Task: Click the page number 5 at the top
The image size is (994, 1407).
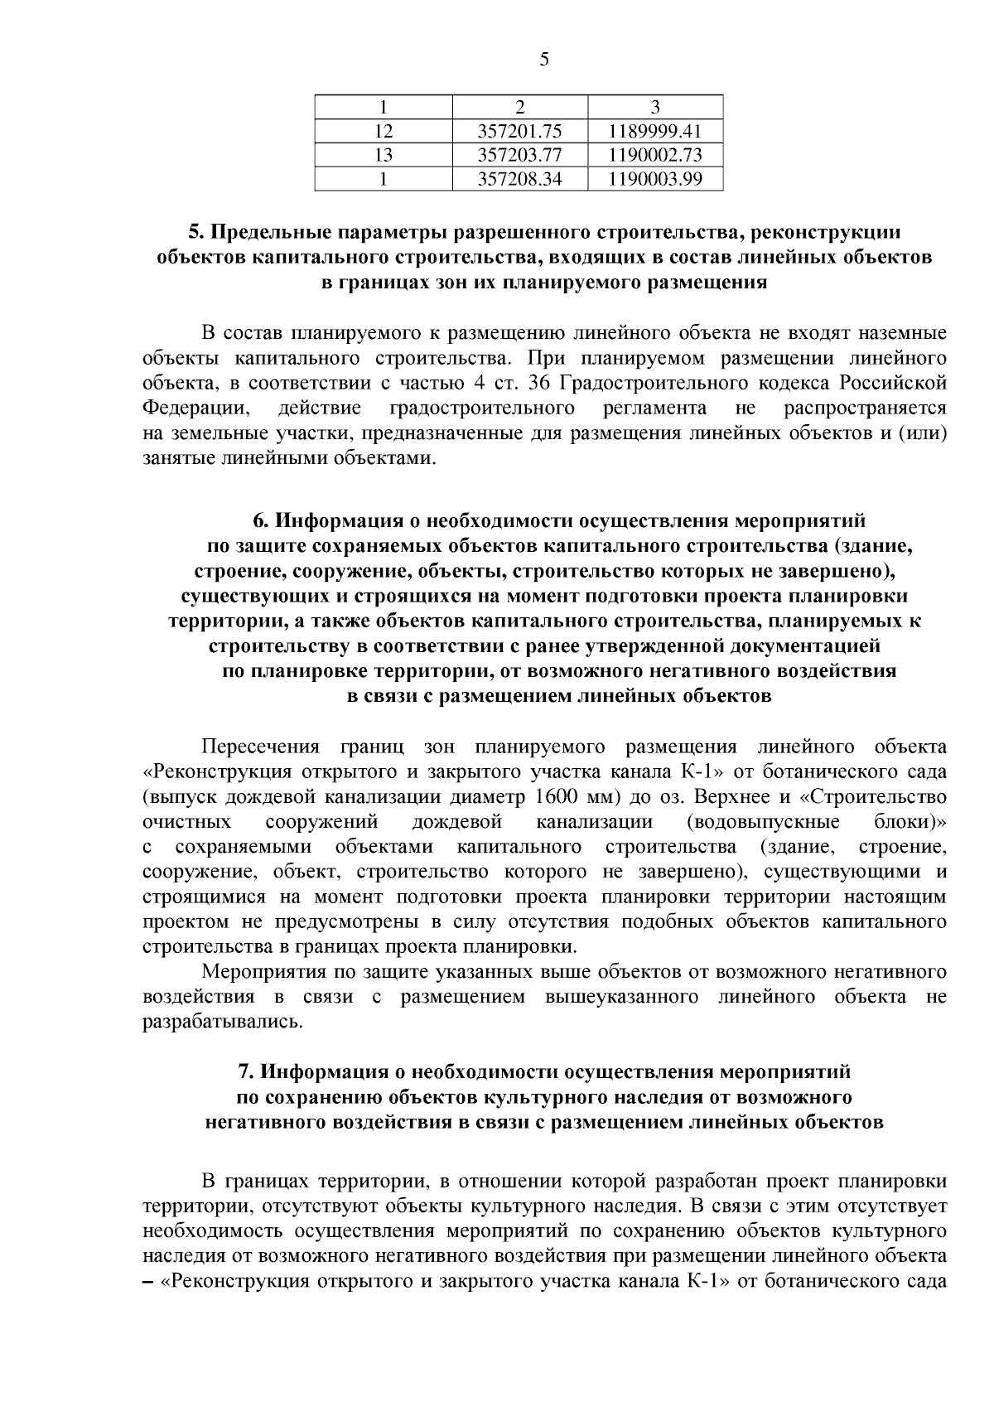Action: click(x=544, y=59)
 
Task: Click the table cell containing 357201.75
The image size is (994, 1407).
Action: click(x=520, y=131)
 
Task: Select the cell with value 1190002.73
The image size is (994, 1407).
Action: click(x=654, y=155)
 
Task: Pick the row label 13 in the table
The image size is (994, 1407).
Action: click(x=383, y=155)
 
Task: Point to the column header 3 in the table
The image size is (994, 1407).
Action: click(x=654, y=107)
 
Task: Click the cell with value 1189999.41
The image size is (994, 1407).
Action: click(x=654, y=131)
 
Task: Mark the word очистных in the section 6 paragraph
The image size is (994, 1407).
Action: click(x=186, y=822)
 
